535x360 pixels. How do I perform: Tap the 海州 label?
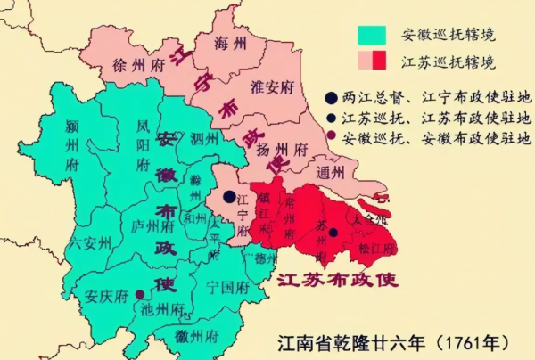point(231,43)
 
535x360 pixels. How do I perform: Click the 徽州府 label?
point(198,338)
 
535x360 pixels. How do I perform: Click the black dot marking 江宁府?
point(230,197)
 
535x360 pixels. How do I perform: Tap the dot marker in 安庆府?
point(139,293)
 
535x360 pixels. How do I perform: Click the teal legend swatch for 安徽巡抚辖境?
point(371,37)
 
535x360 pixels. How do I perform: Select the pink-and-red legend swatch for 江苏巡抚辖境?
point(371,61)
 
